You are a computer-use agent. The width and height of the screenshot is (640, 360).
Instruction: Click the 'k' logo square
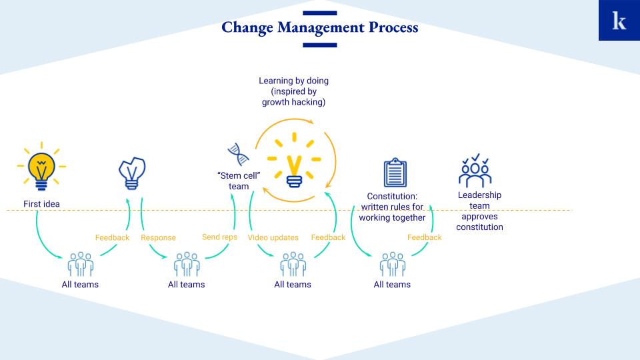(x=619, y=20)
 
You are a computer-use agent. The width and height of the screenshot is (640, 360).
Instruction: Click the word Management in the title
(x=321, y=28)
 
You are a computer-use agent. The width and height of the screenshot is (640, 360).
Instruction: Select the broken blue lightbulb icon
(x=132, y=173)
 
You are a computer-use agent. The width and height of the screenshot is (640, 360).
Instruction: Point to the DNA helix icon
(x=239, y=154)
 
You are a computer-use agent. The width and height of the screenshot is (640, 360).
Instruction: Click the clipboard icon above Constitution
(x=395, y=172)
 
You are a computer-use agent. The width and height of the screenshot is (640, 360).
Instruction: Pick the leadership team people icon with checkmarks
(x=475, y=171)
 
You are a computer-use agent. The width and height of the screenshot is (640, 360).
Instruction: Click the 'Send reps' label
(x=219, y=237)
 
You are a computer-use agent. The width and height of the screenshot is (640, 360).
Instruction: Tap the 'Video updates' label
(x=273, y=237)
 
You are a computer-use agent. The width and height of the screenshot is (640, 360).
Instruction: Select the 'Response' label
(x=159, y=237)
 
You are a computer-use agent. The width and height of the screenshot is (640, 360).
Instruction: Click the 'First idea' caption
(x=41, y=204)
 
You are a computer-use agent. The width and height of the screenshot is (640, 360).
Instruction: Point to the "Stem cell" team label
(x=239, y=181)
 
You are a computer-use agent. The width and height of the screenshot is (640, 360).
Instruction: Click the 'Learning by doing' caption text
(x=294, y=91)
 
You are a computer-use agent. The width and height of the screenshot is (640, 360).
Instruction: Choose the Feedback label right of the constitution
(x=425, y=237)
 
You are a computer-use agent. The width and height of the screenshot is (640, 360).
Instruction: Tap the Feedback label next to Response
(x=112, y=237)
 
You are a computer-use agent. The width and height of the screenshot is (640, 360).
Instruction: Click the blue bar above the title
(x=320, y=13)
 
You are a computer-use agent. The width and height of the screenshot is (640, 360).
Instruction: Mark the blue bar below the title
(x=320, y=45)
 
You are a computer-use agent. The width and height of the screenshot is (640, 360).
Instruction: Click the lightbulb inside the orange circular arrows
(x=294, y=160)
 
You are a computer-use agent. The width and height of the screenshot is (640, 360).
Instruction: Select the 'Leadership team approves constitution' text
(x=479, y=211)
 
